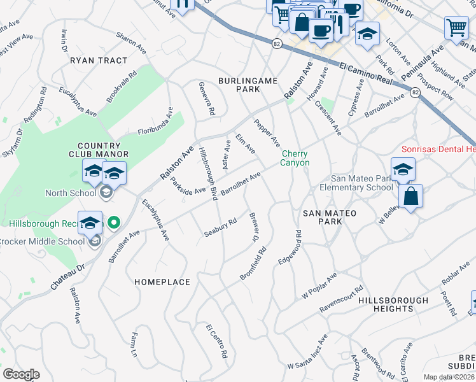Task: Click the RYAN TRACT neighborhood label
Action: (99, 60)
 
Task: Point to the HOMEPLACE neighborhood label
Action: (162, 281)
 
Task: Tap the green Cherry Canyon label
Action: (295, 159)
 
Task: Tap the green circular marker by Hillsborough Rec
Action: (114, 223)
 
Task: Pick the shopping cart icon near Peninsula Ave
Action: (456, 29)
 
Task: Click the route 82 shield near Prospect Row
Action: (415, 92)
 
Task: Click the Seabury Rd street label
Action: (220, 227)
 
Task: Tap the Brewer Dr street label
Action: (254, 227)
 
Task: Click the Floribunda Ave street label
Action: (155, 121)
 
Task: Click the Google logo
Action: (21, 374)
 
